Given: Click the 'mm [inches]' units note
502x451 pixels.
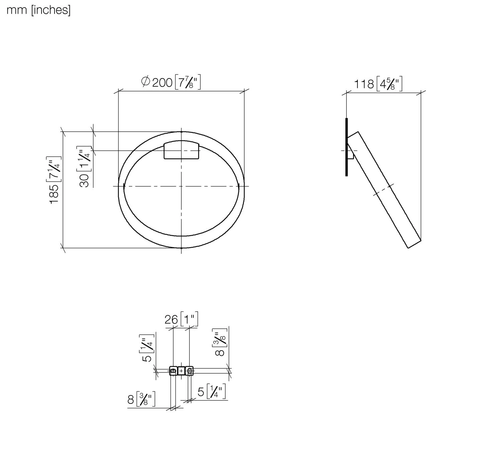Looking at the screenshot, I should point(38,10).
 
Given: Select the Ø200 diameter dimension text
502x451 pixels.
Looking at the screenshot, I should point(171,82).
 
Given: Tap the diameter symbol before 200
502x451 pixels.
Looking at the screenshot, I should point(146,81).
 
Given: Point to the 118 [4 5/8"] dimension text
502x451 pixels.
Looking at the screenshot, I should point(378,84).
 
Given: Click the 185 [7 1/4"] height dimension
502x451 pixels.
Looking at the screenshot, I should point(55,180).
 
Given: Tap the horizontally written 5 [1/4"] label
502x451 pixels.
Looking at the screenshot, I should point(212,391).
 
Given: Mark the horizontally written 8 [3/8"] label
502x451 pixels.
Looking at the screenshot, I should point(141,399).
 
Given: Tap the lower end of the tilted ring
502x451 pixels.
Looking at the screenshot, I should point(414,244).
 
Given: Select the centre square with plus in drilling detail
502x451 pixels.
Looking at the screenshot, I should point(181,371).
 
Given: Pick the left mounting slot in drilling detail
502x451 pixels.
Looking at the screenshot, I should point(173,371).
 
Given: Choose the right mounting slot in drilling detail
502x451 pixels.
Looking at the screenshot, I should point(189,371).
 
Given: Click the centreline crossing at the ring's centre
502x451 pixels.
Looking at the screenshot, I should point(181,186).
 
